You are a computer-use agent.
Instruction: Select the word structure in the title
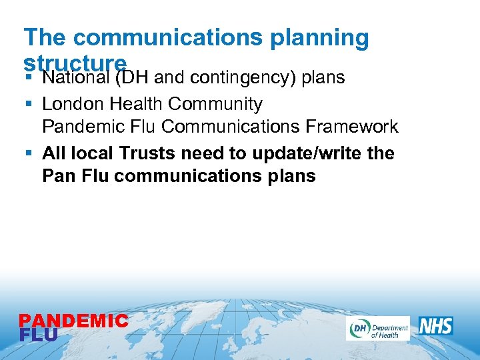[x=75, y=62]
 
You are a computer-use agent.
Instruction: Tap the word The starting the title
[x=45, y=38]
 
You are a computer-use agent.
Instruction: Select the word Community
[x=215, y=104]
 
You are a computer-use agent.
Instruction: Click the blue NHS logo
[x=436, y=326]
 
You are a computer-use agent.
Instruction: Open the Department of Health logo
[x=377, y=328]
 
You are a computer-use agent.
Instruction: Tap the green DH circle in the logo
[x=358, y=328]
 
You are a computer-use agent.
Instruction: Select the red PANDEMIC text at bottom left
[x=73, y=321]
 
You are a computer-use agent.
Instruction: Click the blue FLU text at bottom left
[x=39, y=335]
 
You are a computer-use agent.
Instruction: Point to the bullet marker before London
[x=27, y=105]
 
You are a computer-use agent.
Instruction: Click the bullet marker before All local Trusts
[x=27, y=153]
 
